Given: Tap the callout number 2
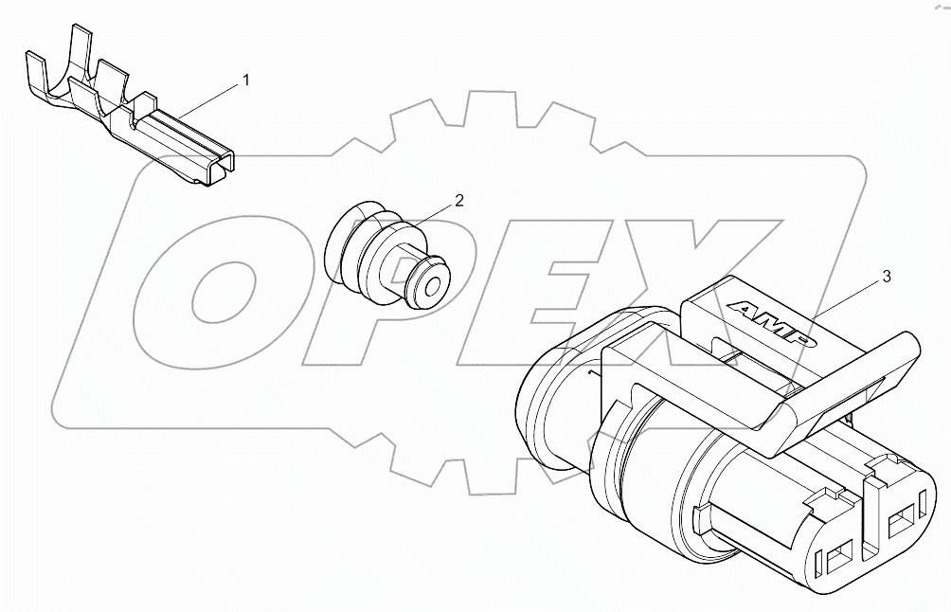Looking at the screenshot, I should coord(458,200).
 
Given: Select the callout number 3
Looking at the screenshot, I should coord(886,277).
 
